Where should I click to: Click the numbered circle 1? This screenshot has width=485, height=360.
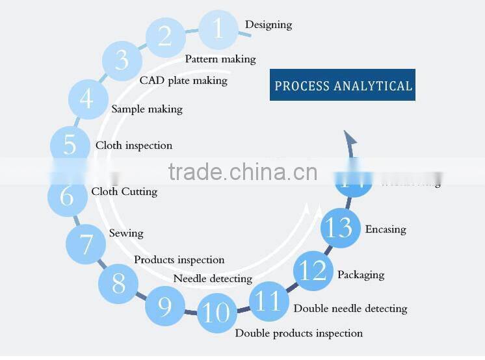(x=217, y=29)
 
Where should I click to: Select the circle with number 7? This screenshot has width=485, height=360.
(x=86, y=244)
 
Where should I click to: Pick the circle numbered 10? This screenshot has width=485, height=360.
(x=216, y=313)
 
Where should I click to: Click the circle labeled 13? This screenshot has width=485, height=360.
(x=340, y=228)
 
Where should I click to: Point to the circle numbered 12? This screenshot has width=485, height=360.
(x=313, y=270)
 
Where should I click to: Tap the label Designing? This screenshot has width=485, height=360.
(x=268, y=25)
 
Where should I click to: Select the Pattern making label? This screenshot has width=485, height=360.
(x=220, y=59)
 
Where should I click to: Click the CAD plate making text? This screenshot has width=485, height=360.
(x=183, y=81)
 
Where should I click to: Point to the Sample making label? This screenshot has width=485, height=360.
(x=147, y=109)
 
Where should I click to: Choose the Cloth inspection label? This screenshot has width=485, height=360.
(x=134, y=146)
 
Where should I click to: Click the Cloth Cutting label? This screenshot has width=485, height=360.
(x=124, y=192)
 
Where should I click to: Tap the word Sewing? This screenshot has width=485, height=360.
(x=126, y=233)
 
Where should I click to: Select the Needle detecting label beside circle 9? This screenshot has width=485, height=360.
(x=213, y=279)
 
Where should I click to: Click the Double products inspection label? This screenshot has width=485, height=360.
(x=298, y=333)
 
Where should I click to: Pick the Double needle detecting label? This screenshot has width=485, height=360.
(x=350, y=309)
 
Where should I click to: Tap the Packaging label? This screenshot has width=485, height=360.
(x=361, y=275)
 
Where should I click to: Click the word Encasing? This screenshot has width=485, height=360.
(x=386, y=229)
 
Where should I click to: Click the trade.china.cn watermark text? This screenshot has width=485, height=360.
(x=242, y=172)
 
